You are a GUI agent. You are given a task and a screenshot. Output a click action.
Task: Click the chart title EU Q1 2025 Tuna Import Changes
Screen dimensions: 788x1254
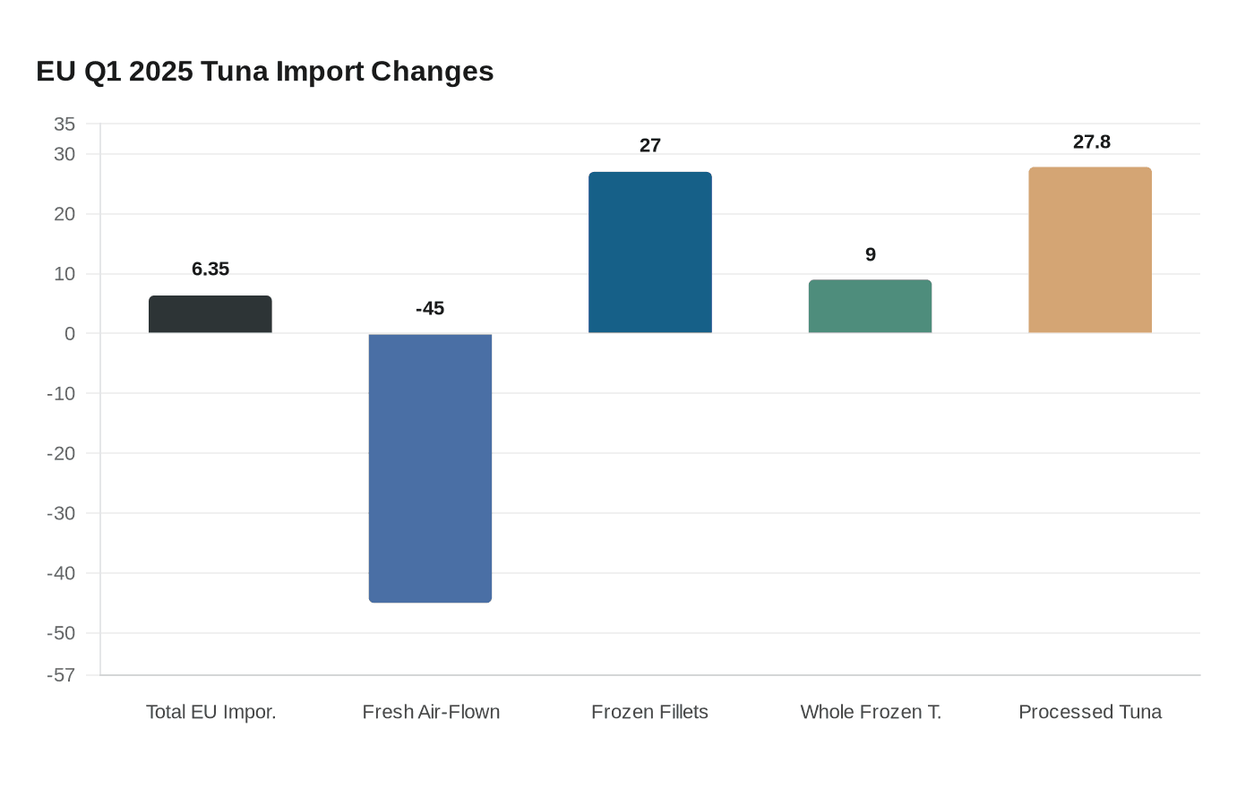264,72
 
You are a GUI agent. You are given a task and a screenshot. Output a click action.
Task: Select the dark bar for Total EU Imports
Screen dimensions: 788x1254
210,314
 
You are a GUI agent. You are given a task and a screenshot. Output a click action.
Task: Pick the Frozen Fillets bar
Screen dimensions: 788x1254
650,253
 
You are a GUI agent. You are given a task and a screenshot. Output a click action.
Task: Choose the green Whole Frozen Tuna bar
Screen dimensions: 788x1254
870,306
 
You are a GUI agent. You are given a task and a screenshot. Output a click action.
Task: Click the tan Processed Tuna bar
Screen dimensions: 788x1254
1090,250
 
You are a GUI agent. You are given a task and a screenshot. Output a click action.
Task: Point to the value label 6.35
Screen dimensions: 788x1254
210,269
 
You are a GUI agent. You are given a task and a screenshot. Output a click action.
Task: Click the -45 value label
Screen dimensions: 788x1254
430,308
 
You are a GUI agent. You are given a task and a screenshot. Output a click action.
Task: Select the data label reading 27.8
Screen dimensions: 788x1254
1091,141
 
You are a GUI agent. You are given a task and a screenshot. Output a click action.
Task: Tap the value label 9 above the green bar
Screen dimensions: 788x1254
871,254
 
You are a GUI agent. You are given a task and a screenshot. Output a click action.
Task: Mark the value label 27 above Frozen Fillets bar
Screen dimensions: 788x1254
650,145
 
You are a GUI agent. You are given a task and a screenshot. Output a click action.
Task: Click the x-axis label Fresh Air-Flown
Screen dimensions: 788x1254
431,712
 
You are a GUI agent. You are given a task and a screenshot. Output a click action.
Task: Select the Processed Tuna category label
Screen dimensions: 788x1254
1090,712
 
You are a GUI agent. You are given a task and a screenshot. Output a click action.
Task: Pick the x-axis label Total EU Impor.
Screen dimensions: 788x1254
210,712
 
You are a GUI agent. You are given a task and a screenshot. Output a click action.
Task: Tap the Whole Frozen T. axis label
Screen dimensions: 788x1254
871,712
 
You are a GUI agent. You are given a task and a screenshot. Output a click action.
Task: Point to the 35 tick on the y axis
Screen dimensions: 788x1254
64,124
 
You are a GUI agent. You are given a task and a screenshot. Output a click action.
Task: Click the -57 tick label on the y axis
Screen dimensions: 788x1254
61,675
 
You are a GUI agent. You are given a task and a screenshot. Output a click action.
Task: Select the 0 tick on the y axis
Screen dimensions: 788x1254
70,333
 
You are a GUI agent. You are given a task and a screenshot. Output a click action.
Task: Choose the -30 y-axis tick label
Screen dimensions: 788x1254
61,513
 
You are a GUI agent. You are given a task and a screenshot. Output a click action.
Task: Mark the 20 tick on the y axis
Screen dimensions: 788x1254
64,214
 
